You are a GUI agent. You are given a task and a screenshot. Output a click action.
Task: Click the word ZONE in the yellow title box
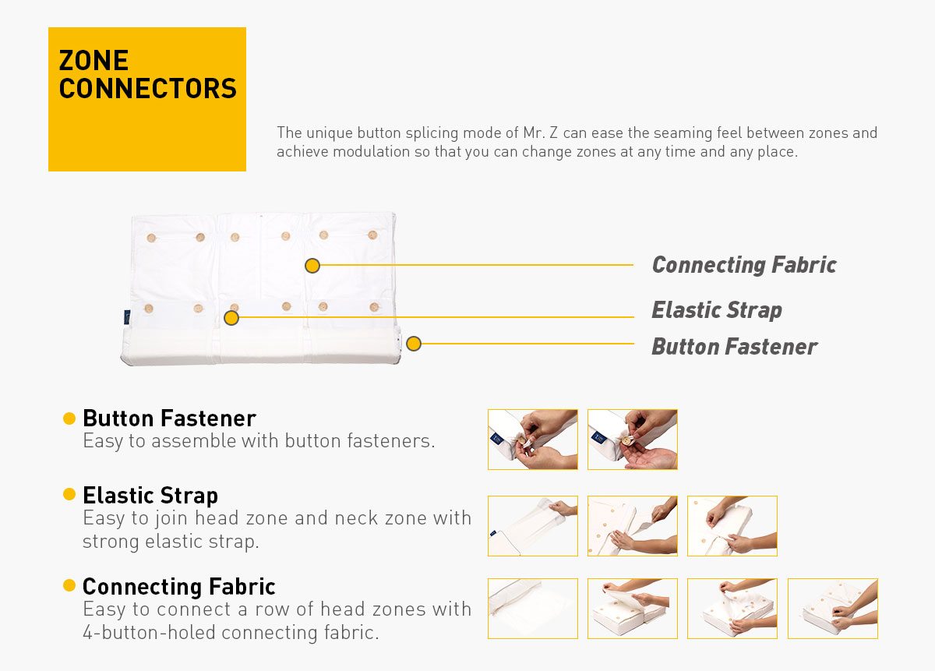(x=93, y=61)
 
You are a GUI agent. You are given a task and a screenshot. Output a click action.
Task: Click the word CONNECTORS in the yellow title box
(x=148, y=88)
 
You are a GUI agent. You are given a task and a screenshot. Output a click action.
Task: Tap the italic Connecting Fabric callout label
(x=744, y=265)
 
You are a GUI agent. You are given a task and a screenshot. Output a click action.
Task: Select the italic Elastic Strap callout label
(x=717, y=310)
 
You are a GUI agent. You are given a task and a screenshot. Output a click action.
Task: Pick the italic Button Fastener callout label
(x=734, y=347)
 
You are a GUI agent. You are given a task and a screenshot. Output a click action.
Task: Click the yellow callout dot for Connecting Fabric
(x=312, y=266)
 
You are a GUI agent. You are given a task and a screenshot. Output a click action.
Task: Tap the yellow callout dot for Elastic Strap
(x=231, y=318)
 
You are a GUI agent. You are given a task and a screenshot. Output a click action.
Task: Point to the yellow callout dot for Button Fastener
(x=414, y=344)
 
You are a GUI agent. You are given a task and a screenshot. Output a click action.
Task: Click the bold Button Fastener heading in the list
(x=170, y=418)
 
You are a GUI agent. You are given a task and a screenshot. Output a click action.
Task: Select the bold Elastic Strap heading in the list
(x=150, y=496)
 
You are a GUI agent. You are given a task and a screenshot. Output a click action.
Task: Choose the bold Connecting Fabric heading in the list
(x=179, y=586)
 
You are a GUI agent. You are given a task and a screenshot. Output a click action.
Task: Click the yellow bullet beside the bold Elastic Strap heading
(x=69, y=494)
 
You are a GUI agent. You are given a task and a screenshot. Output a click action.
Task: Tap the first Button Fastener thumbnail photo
(x=533, y=440)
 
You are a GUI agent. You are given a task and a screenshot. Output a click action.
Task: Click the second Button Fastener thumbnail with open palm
(x=633, y=440)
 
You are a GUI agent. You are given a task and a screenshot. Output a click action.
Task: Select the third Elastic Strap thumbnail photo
(x=732, y=526)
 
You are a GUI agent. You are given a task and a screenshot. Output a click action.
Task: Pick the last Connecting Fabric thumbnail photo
(x=833, y=609)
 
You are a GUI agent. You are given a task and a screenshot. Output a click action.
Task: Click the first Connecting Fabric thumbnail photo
(x=533, y=609)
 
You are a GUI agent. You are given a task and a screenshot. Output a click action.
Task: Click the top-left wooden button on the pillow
(x=151, y=238)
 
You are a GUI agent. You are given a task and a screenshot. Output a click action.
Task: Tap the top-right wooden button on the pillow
(x=372, y=235)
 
